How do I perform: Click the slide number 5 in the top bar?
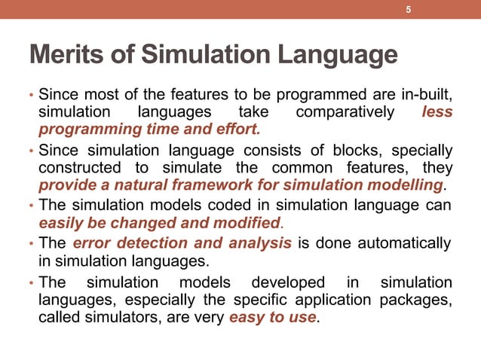point(408,10)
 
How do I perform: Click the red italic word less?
point(438,112)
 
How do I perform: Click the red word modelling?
point(412,185)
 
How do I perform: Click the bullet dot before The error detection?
point(32,244)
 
